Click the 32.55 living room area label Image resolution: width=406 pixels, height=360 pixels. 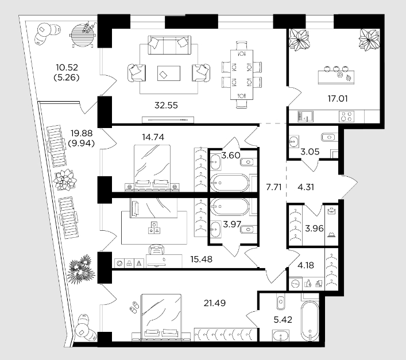click(166, 105)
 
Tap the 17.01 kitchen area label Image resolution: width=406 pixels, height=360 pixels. click(338, 99)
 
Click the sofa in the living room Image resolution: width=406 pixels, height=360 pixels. click(169, 45)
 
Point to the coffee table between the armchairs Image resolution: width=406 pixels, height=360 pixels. click(169, 73)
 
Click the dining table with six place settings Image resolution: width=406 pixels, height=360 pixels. click(242, 75)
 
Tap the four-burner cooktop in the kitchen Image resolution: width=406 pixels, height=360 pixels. click(346, 116)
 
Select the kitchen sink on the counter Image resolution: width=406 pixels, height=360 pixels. click(306, 116)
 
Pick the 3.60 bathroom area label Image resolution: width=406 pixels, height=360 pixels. click(231, 155)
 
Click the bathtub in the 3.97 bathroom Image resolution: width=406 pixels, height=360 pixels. click(230, 207)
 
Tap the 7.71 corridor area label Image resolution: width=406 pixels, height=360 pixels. click(274, 187)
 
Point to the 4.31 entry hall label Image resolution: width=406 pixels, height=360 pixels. click(306, 187)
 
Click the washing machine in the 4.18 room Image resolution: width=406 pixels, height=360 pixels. click(295, 284)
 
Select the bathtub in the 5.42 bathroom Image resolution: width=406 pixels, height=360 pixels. click(310, 321)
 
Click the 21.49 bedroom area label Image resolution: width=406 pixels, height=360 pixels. click(214, 303)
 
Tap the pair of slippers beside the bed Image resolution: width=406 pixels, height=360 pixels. click(134, 307)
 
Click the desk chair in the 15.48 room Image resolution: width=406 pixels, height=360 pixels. click(157, 250)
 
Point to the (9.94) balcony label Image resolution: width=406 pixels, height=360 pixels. click(82, 143)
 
